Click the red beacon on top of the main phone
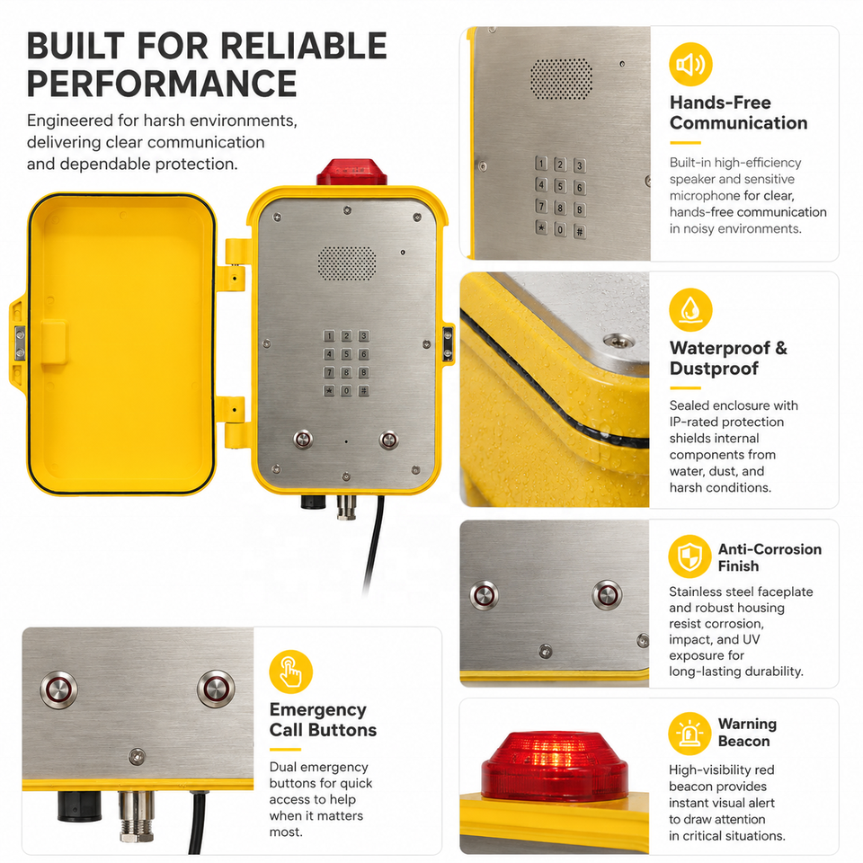[351, 172]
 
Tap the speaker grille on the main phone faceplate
[347, 263]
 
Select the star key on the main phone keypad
[329, 391]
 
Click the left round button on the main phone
[303, 440]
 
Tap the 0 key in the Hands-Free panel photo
[560, 229]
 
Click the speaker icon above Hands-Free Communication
[690, 65]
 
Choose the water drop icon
[690, 310]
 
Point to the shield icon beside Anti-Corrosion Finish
[690, 556]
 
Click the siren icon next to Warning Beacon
[690, 734]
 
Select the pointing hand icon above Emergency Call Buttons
[290, 672]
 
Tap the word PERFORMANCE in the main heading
[162, 84]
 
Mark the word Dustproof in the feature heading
[714, 369]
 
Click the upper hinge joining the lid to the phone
[235, 263]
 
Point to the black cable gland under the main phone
[313, 502]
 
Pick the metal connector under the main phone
[346, 507]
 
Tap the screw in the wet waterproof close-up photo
[618, 342]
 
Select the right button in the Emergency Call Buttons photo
[217, 689]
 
